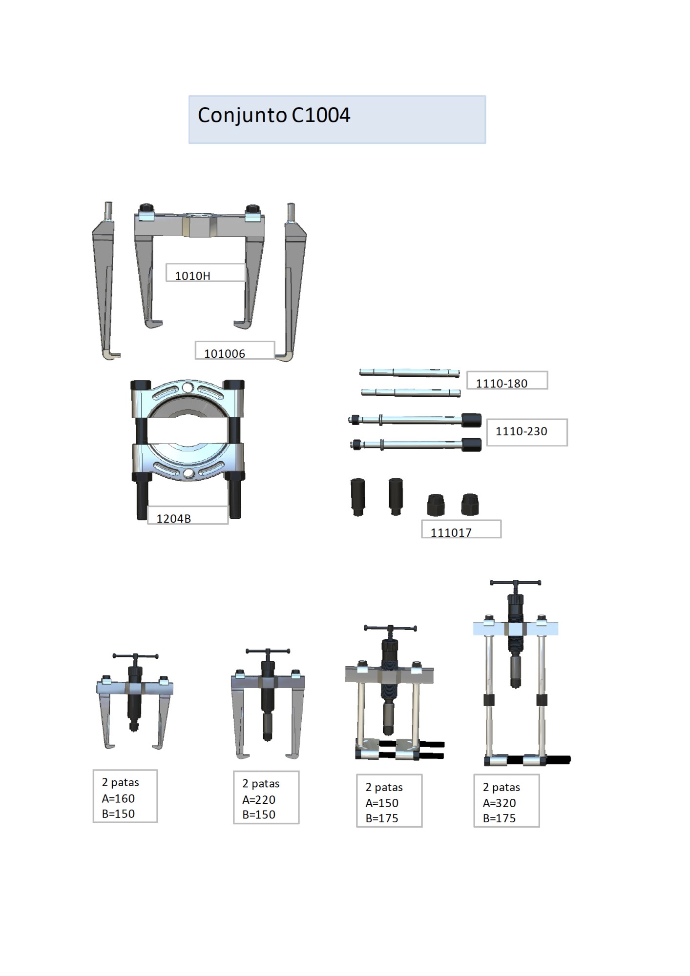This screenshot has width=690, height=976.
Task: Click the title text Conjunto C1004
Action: point(274,116)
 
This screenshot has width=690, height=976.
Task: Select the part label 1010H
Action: point(192,276)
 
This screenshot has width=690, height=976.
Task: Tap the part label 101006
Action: point(225,354)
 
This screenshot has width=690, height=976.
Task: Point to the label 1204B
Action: point(173,519)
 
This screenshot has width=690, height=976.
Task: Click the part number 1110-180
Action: point(502,384)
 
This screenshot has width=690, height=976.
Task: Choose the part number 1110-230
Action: point(522,431)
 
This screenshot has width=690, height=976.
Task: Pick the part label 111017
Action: point(451,532)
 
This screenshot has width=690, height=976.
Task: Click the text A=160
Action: point(118,798)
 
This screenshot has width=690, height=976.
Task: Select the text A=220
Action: point(259,799)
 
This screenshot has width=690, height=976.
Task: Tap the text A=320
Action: point(499,803)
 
